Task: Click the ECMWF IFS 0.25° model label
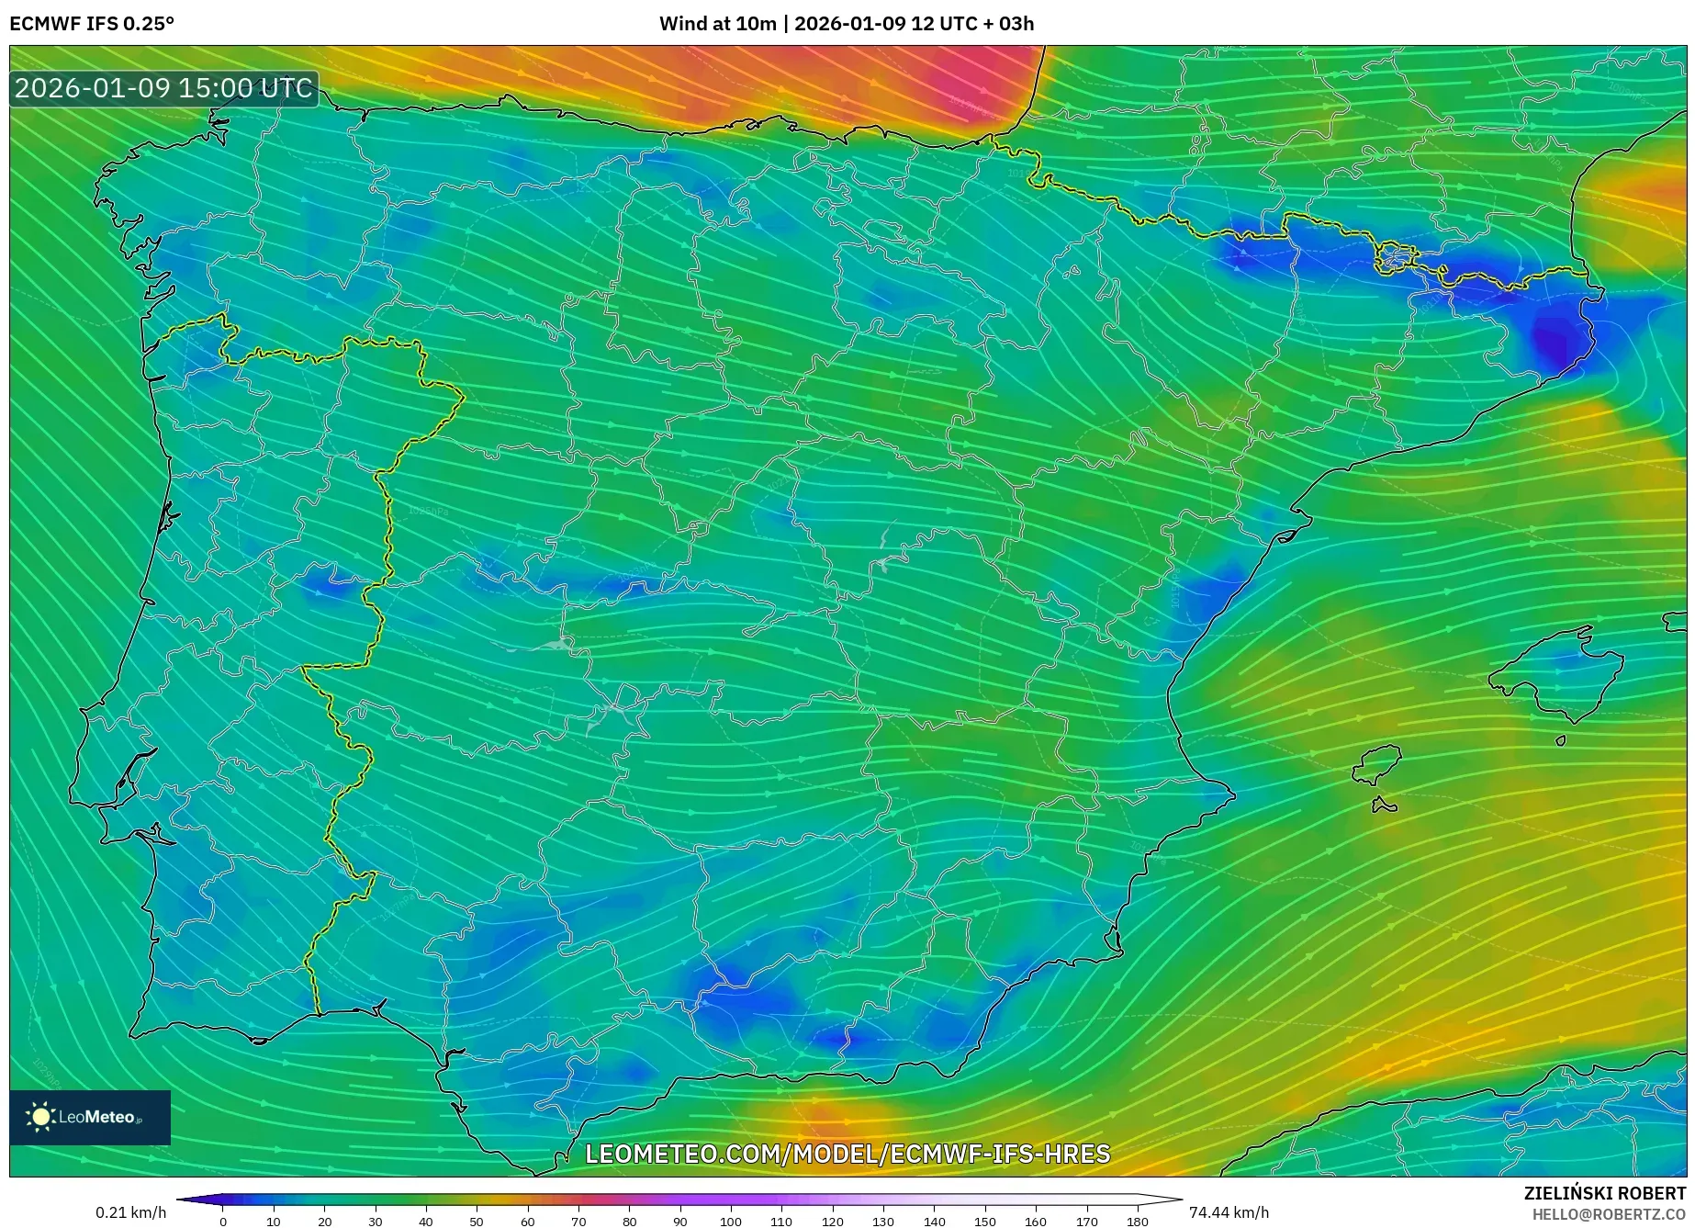click(x=92, y=24)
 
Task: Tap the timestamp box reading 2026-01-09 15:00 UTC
click(x=164, y=89)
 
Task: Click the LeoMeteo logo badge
click(x=90, y=1117)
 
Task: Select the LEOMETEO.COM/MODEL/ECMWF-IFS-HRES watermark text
click(x=847, y=1154)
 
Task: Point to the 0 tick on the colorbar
click(x=223, y=1221)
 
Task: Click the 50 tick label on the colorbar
click(x=477, y=1221)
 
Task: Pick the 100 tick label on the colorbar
click(x=730, y=1221)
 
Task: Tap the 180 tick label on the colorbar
click(x=1137, y=1221)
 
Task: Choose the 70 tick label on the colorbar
click(x=578, y=1221)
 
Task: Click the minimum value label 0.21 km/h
click(x=131, y=1212)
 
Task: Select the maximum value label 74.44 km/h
click(x=1229, y=1212)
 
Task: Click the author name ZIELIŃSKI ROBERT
click(x=1604, y=1193)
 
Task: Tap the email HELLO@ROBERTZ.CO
click(x=1608, y=1214)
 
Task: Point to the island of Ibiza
click(x=1377, y=764)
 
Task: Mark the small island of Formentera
click(x=1384, y=806)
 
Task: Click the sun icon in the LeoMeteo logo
click(x=40, y=1117)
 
